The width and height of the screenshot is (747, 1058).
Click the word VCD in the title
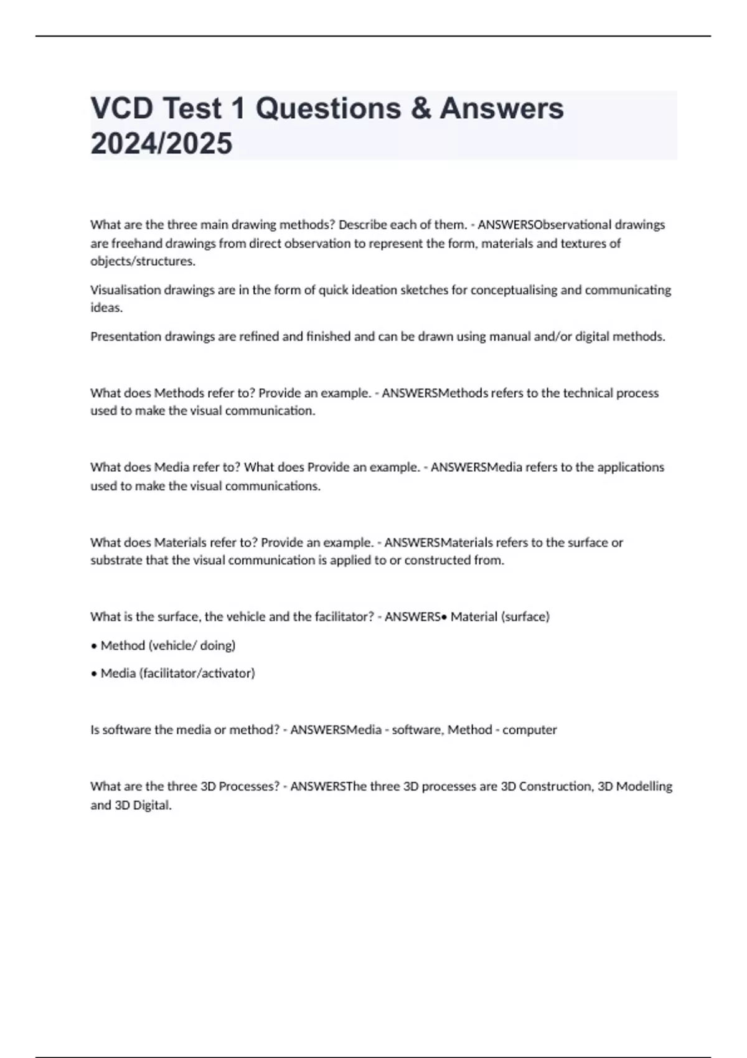[121, 108]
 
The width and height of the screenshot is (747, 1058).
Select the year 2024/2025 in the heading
[161, 143]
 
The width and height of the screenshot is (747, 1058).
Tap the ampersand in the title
[421, 108]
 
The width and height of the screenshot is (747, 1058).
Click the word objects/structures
[143, 261]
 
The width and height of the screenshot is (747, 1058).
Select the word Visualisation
[125, 290]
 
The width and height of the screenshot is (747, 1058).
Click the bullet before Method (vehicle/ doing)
[94, 646]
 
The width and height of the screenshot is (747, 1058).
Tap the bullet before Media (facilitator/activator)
[94, 673]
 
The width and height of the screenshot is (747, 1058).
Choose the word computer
[529, 730]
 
